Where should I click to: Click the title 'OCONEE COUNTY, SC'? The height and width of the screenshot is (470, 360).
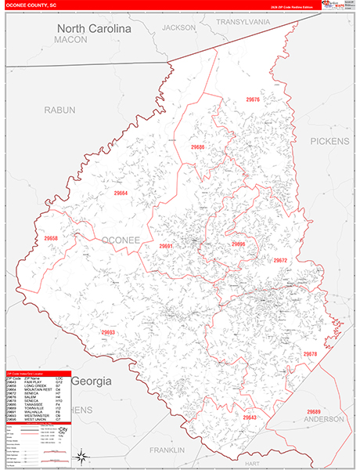tap(31, 5)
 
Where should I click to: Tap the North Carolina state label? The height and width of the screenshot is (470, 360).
tap(94, 28)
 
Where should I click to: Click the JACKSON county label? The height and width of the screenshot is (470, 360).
tap(179, 27)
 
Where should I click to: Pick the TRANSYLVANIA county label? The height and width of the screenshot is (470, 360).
tap(243, 22)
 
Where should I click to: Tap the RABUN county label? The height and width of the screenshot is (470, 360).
tap(60, 110)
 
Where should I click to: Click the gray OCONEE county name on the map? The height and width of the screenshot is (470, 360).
tap(121, 239)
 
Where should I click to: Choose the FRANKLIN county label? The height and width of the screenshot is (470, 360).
tap(167, 450)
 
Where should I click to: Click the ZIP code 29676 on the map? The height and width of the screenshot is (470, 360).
tap(253, 100)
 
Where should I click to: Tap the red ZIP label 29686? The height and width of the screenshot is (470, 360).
tap(197, 146)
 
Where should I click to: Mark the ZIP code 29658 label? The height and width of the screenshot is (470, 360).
tap(52, 238)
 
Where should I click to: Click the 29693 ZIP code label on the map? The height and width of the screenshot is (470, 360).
tap(108, 333)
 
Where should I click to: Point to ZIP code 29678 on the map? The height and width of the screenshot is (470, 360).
tap(311, 354)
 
